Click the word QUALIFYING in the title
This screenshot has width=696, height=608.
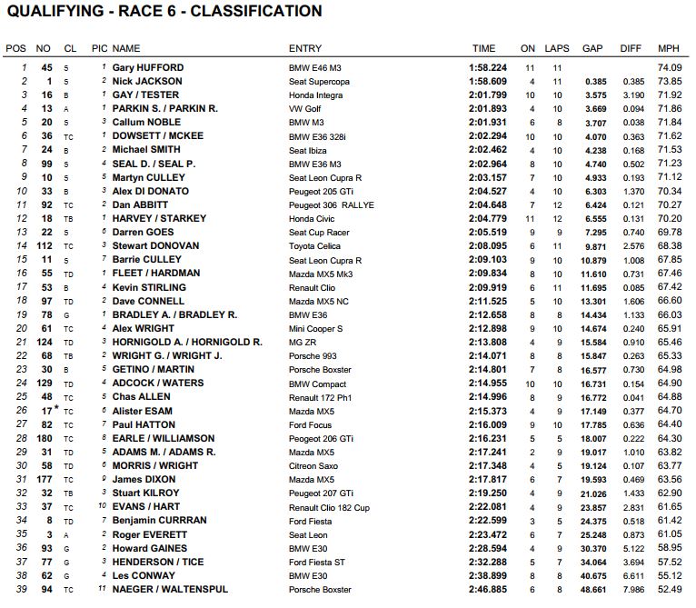(x=54, y=12)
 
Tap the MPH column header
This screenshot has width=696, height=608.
(x=668, y=48)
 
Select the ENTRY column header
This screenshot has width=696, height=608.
(x=304, y=48)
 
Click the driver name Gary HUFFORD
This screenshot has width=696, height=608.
(x=148, y=67)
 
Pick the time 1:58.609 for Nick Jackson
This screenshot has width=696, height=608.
(x=489, y=81)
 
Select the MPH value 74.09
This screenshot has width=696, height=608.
(x=669, y=67)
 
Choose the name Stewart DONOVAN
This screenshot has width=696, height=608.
(x=155, y=246)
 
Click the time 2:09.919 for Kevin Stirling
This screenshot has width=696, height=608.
(x=489, y=287)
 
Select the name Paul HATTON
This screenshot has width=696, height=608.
(x=145, y=424)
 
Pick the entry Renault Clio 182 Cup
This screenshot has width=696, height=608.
(x=331, y=507)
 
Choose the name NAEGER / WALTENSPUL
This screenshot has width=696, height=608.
(x=168, y=589)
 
